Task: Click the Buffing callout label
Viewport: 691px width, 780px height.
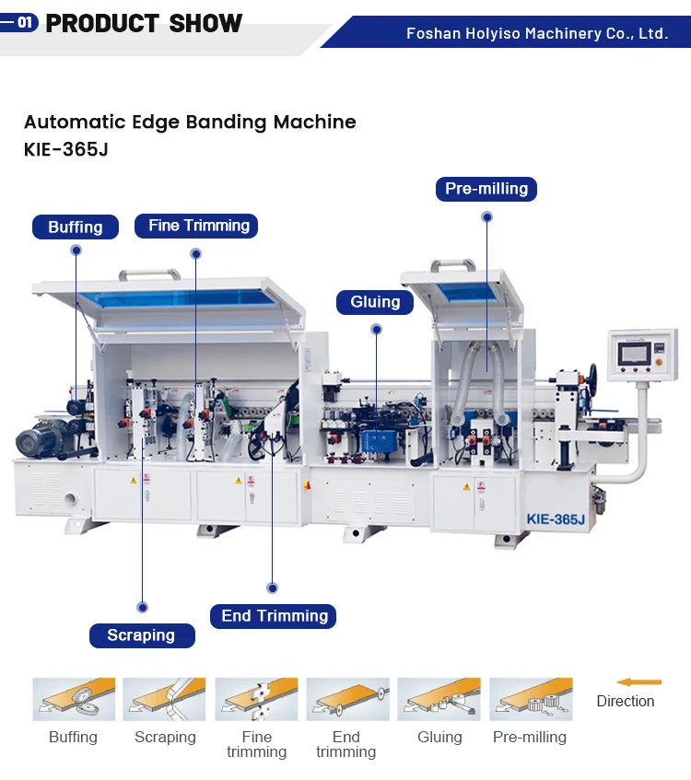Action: pos(76,227)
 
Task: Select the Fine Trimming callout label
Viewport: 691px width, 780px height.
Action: pos(198,226)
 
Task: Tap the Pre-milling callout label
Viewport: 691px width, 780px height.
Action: pos(486,189)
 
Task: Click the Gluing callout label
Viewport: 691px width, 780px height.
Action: pos(375,301)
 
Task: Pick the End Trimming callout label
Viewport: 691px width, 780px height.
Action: pos(274,616)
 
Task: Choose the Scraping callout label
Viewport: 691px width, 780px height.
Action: pos(141,635)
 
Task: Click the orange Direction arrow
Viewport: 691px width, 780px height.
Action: pos(638,682)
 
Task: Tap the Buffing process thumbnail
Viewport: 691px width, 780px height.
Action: pos(74,700)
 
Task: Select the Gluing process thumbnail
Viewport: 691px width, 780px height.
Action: pos(439,700)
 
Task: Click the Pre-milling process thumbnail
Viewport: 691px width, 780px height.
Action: pos(530,700)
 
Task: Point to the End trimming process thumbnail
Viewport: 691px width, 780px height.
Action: pos(347,700)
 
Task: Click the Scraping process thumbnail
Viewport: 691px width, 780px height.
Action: pos(164,700)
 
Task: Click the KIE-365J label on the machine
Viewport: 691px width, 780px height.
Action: pos(556,519)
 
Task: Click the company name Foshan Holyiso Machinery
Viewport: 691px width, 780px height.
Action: pos(537,33)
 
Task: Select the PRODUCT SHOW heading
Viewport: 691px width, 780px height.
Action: pos(144,24)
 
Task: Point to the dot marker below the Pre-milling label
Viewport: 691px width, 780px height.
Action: pos(486,217)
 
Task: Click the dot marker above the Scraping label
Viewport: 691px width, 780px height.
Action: pos(142,607)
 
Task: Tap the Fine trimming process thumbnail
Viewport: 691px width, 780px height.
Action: pos(256,700)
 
